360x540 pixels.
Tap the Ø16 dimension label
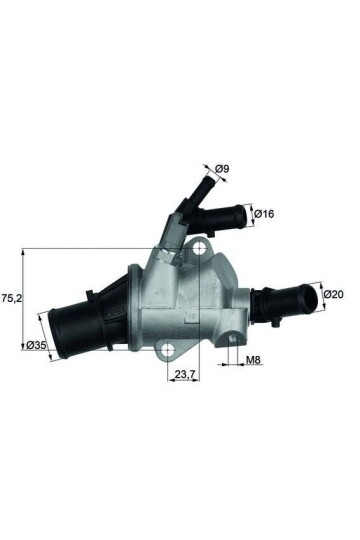(265, 213)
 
